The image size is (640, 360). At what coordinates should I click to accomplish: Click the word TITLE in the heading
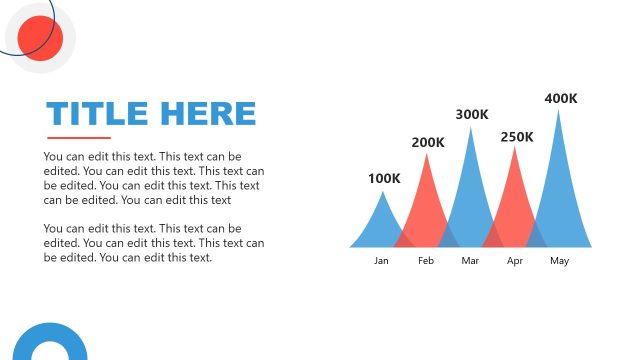pos(96,113)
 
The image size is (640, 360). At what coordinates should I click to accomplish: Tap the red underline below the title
pos(79,138)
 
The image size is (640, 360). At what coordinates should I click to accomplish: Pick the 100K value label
pos(384,179)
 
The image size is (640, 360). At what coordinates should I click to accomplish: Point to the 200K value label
pos(428,142)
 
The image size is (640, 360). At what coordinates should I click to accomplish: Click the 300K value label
pos(472,115)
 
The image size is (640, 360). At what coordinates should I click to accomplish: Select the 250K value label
pos(517,136)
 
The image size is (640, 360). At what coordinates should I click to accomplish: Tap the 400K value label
pos(561,98)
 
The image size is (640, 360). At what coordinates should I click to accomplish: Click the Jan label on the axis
pos(381,261)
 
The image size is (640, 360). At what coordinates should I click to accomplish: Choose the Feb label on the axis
pos(426,261)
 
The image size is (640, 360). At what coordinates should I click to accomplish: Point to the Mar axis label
pos(471,261)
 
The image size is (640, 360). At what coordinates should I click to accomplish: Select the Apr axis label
pos(515,261)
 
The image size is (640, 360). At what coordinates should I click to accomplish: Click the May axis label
pos(559,261)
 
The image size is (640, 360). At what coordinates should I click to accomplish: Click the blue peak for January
pos(381,225)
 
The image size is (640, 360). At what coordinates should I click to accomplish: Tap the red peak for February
pos(427,205)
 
